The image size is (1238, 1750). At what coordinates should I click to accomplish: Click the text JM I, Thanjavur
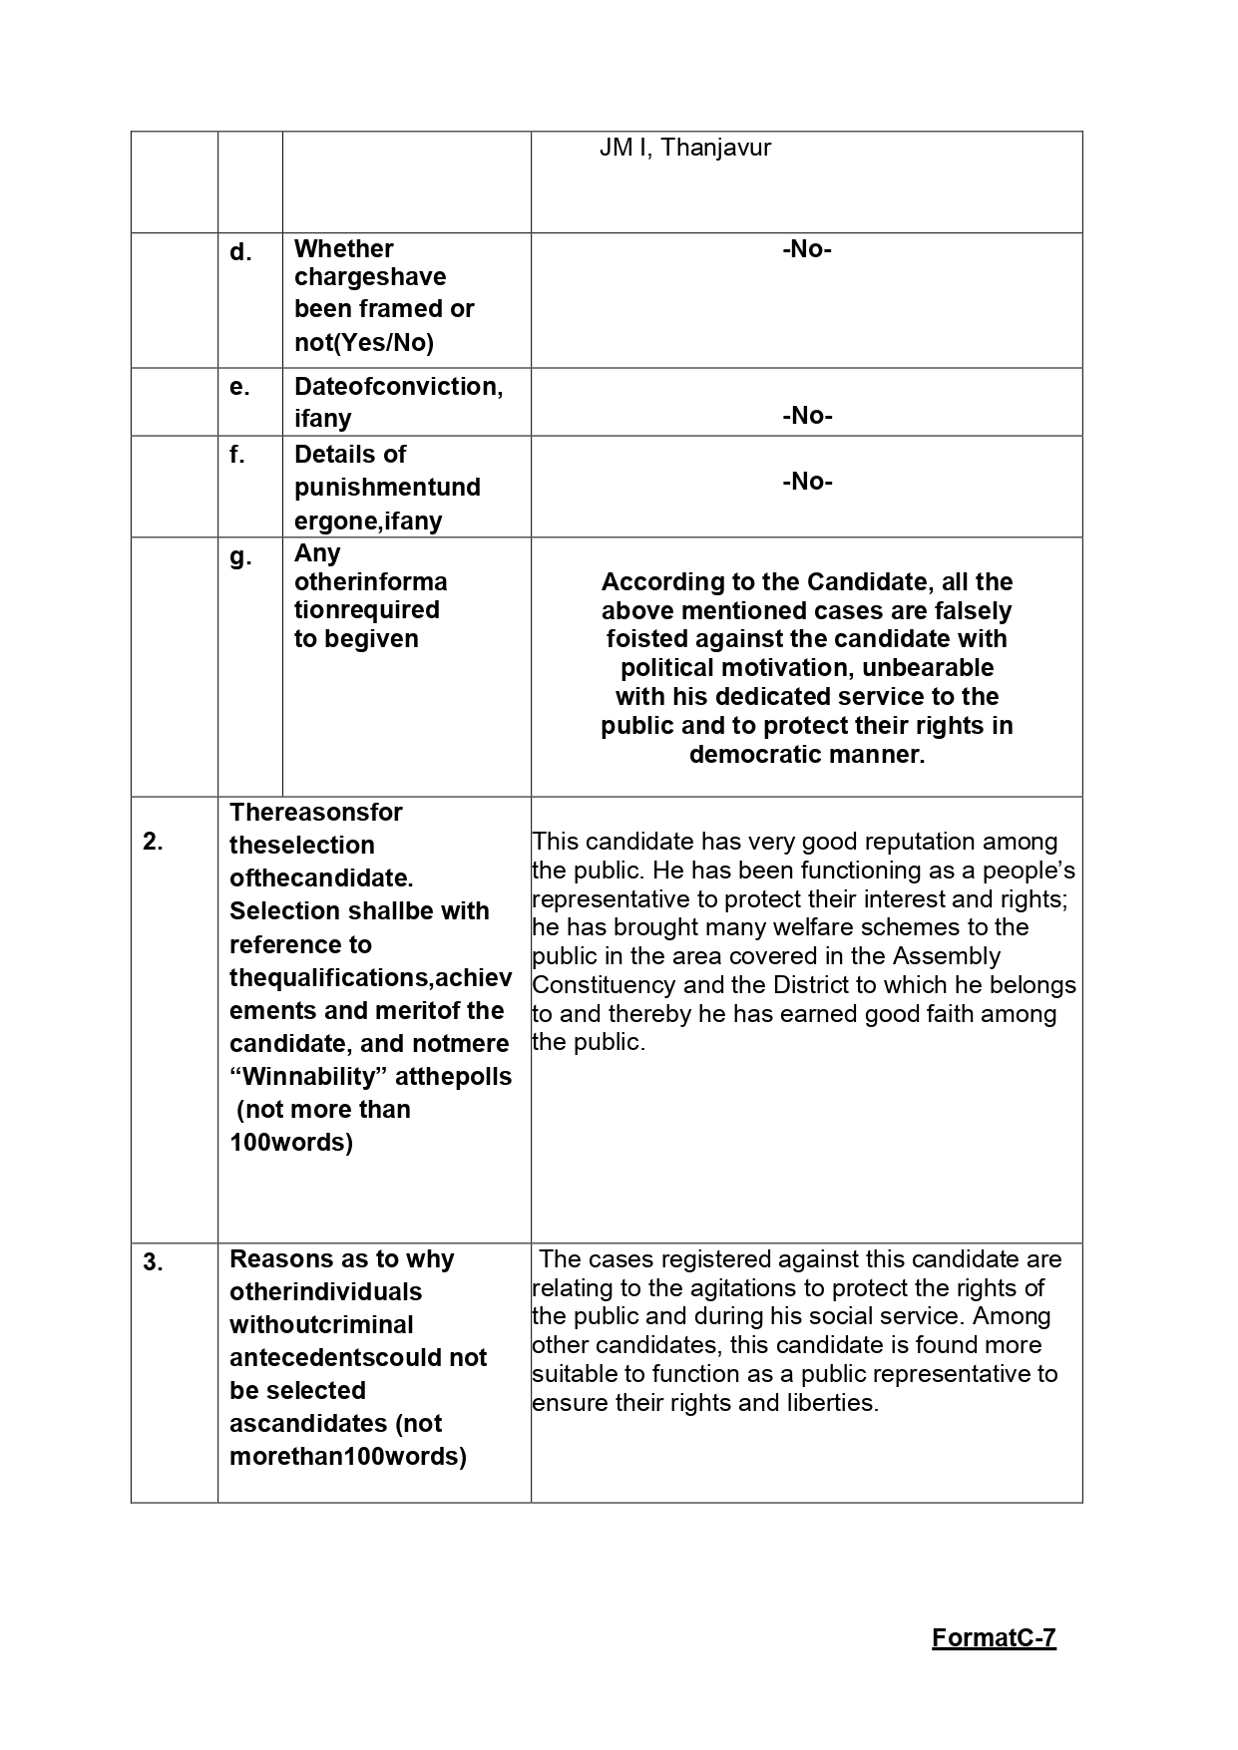(684, 149)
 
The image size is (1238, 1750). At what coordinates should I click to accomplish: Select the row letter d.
(239, 252)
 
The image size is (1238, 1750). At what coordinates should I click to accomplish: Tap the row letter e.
(239, 387)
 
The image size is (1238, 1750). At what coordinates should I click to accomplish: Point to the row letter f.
(237, 455)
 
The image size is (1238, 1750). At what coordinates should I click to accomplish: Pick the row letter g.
(239, 556)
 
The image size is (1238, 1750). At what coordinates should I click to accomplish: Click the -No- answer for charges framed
(806, 249)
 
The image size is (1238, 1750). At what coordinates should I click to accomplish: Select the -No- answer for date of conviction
(806, 416)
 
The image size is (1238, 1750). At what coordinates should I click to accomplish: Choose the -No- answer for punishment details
(806, 482)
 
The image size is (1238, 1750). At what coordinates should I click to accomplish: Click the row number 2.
(153, 842)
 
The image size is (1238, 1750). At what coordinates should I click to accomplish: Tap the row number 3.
(153, 1262)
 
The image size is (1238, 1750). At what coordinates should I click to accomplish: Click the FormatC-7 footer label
(994, 1638)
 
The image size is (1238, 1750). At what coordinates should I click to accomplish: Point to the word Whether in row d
(343, 248)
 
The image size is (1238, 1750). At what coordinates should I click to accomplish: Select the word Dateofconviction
(396, 387)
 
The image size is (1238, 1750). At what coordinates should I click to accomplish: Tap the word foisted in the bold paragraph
(644, 639)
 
